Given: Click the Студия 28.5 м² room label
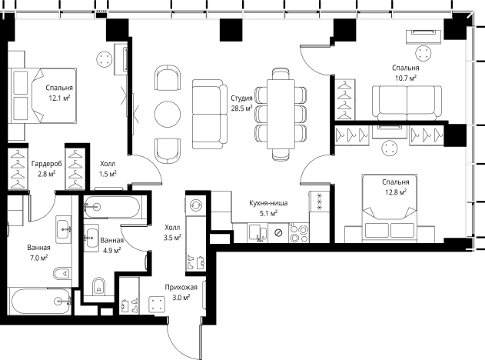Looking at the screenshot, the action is pyautogui.click(x=241, y=103).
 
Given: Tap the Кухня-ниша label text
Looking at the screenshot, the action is pyautogui.click(x=268, y=203).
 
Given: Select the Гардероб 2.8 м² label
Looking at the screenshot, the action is pyautogui.click(x=47, y=168).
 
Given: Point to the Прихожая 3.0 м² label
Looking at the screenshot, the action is pyautogui.click(x=181, y=292).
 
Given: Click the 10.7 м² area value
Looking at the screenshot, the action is pyautogui.click(x=406, y=78).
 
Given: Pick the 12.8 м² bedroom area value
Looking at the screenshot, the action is pyautogui.click(x=396, y=192).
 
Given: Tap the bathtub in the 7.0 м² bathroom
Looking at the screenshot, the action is pyautogui.click(x=41, y=302).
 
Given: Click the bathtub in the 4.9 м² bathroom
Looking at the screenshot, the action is pyautogui.click(x=112, y=207).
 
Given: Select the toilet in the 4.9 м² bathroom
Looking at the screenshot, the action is pyautogui.click(x=98, y=286).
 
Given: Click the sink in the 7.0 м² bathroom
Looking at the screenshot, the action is pyautogui.click(x=63, y=229).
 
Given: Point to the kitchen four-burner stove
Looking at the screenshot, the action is pyautogui.click(x=299, y=233).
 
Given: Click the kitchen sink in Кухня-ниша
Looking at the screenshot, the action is pyautogui.click(x=258, y=232).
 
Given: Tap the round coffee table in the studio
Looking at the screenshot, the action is pyautogui.click(x=168, y=114).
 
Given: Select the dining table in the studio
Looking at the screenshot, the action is pyautogui.click(x=281, y=114).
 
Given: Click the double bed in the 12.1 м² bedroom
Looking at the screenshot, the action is pyautogui.click(x=44, y=95).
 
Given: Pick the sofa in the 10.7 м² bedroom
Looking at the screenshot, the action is pyautogui.click(x=407, y=103).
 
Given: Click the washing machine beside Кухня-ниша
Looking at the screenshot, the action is pyautogui.click(x=196, y=205).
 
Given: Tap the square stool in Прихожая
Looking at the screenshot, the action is pyautogui.click(x=157, y=305).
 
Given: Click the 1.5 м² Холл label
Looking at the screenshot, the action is pyautogui.click(x=108, y=168).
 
